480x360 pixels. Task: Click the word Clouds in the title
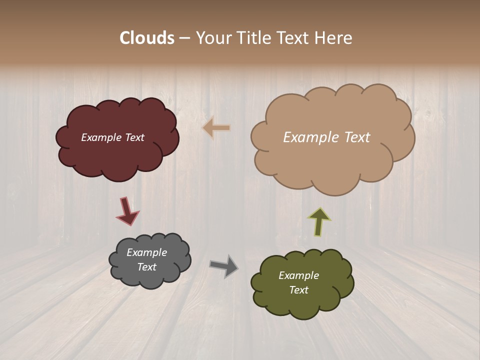pyautogui.click(x=147, y=38)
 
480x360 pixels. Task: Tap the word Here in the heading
pyautogui.click(x=334, y=38)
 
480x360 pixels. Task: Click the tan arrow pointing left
pyautogui.click(x=216, y=128)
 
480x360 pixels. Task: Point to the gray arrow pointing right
pyautogui.click(x=224, y=265)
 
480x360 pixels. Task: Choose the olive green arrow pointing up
pyautogui.click(x=319, y=221)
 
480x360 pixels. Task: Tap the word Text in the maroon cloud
pyautogui.click(x=134, y=137)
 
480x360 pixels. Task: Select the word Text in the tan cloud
pyautogui.click(x=357, y=137)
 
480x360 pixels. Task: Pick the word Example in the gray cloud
pyautogui.click(x=146, y=252)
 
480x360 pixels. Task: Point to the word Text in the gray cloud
pyautogui.click(x=146, y=267)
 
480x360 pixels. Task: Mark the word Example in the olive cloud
pyautogui.click(x=298, y=275)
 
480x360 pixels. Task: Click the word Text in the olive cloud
pyautogui.click(x=298, y=290)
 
